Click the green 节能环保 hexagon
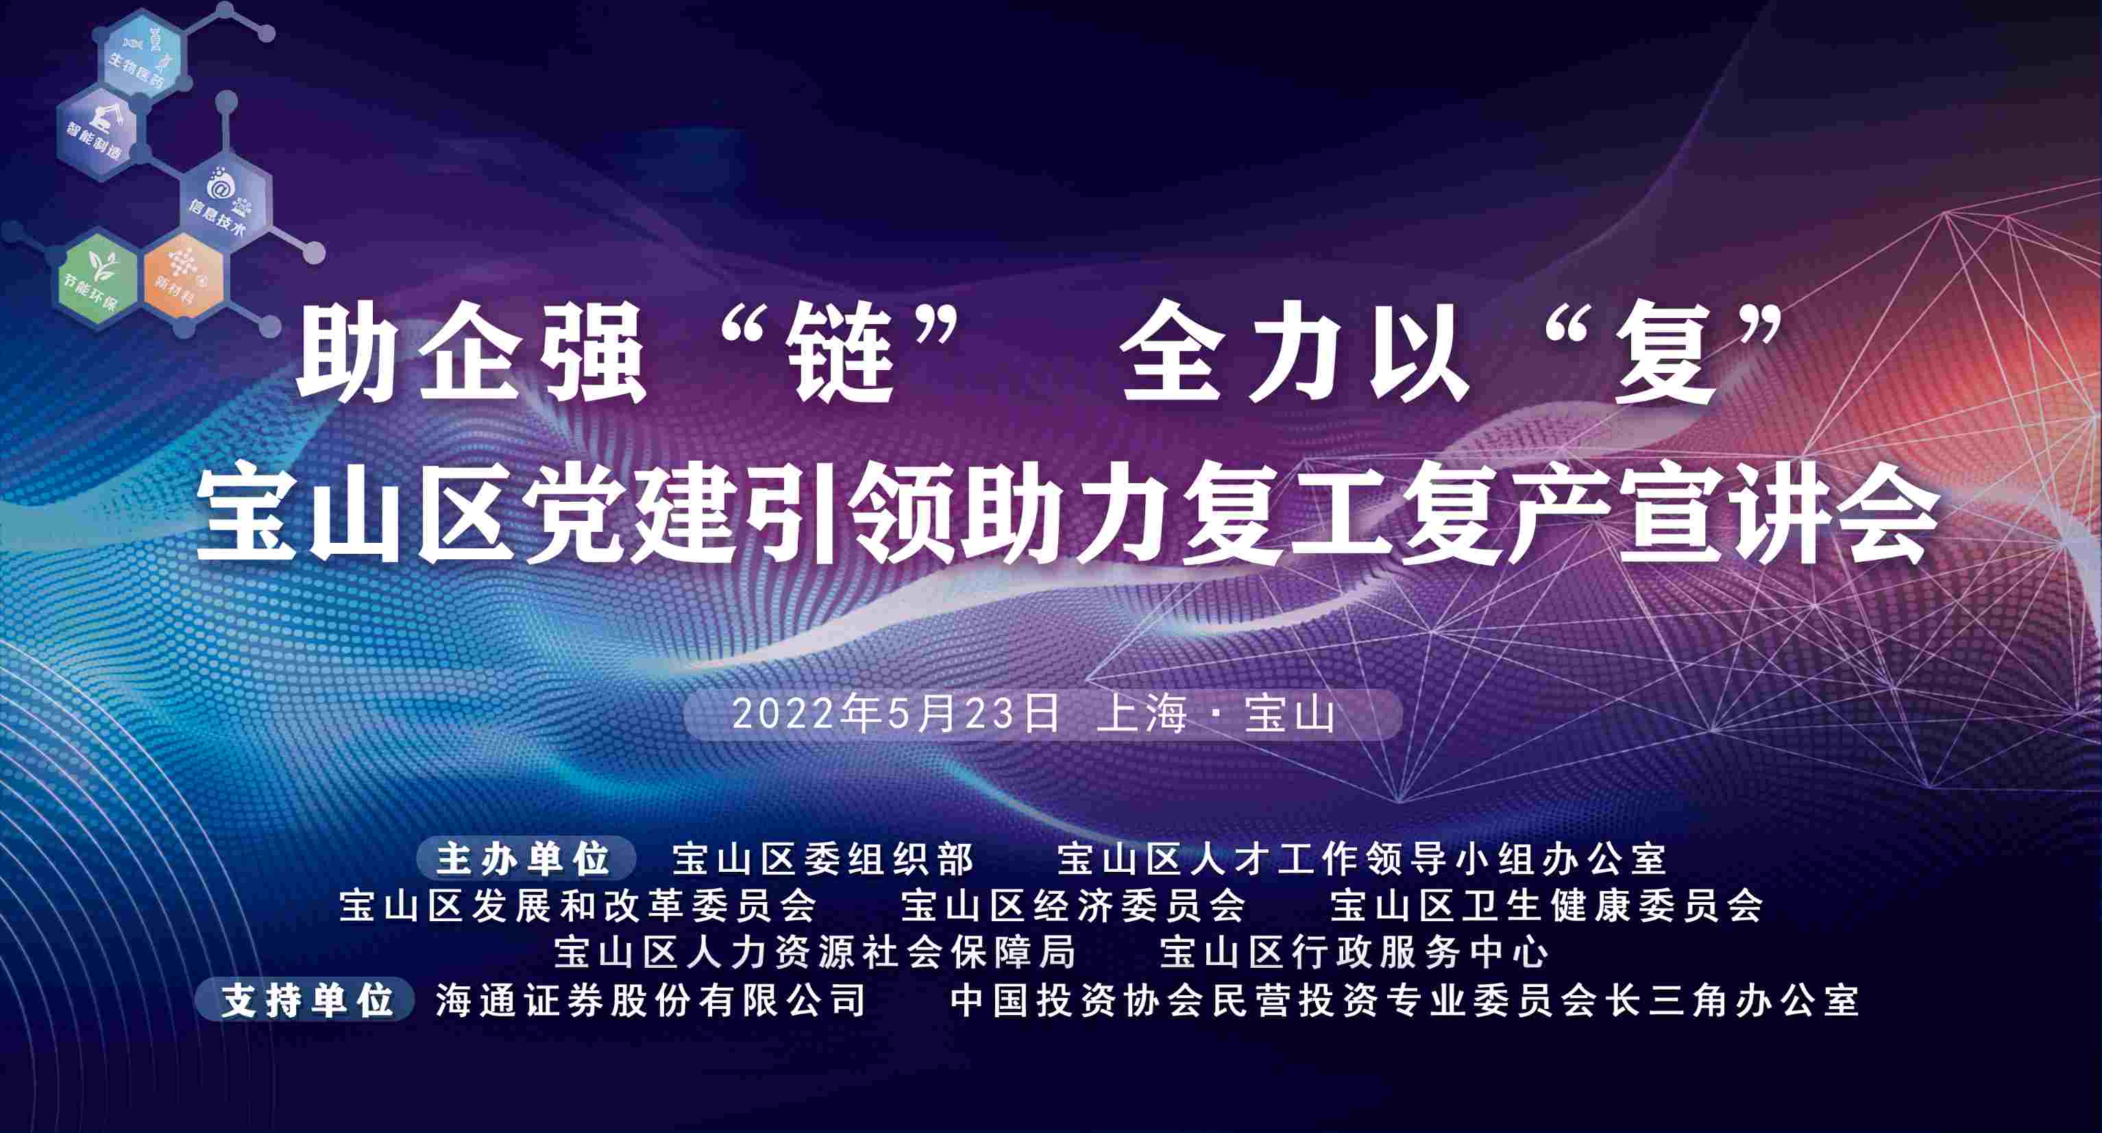coord(96,278)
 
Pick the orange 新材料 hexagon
coord(184,278)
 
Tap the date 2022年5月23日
coord(895,714)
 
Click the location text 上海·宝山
coord(1216,714)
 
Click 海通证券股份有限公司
coord(650,1000)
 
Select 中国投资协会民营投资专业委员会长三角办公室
coord(1404,1000)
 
